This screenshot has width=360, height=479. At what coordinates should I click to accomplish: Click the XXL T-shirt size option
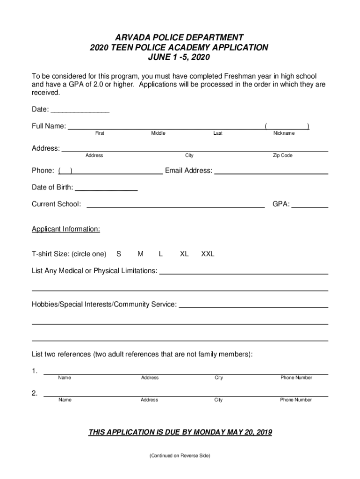coord(208,254)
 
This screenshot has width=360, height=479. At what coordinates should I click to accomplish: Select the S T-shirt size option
coord(119,254)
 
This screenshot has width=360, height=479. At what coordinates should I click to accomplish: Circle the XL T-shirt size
coord(184,254)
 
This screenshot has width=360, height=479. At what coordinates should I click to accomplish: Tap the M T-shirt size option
coord(140,254)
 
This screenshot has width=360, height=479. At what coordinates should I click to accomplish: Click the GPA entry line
coord(310,205)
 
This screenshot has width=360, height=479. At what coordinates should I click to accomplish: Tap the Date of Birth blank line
coord(106,189)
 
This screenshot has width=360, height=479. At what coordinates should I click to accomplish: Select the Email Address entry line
coord(271,173)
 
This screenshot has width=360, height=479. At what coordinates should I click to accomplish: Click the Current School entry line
coord(175,205)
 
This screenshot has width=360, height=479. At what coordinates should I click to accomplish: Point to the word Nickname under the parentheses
coord(284,133)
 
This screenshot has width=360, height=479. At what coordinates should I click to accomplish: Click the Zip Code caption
coord(283,155)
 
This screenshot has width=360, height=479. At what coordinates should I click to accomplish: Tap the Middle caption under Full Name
coord(158,133)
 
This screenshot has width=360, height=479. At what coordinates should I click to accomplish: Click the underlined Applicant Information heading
coord(66,229)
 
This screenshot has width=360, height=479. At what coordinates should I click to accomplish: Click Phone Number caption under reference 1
coord(296,377)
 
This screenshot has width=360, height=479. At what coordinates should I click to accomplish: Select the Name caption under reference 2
coord(65,400)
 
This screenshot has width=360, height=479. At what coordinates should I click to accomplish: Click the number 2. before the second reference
coord(35,393)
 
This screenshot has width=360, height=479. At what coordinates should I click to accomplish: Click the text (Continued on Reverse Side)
coord(180,456)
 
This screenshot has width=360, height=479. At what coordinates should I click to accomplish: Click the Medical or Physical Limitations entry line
coord(244,272)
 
